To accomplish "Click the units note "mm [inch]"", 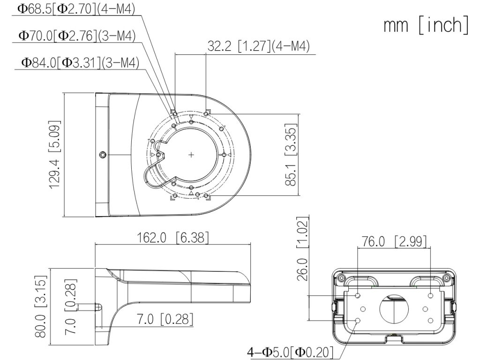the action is coord(426,26).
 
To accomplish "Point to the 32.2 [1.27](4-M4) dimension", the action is coord(258,46).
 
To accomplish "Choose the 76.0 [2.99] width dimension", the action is coord(394,241).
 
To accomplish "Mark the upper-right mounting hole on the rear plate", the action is coord(431,295).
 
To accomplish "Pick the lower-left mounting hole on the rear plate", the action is coord(358,320).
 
